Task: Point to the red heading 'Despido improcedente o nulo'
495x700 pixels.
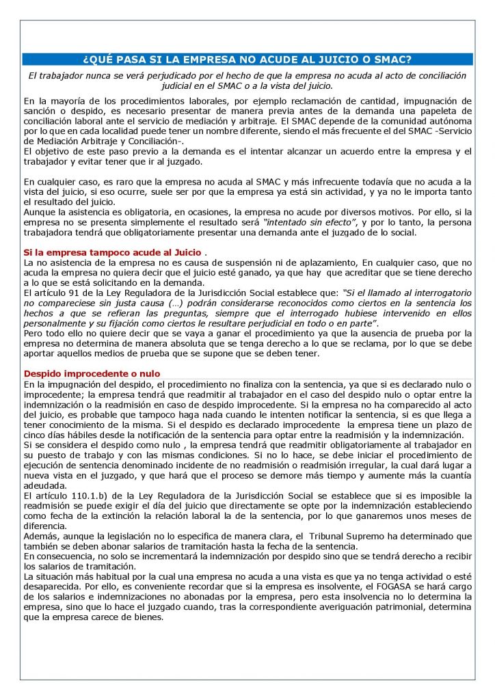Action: click(x=92, y=374)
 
